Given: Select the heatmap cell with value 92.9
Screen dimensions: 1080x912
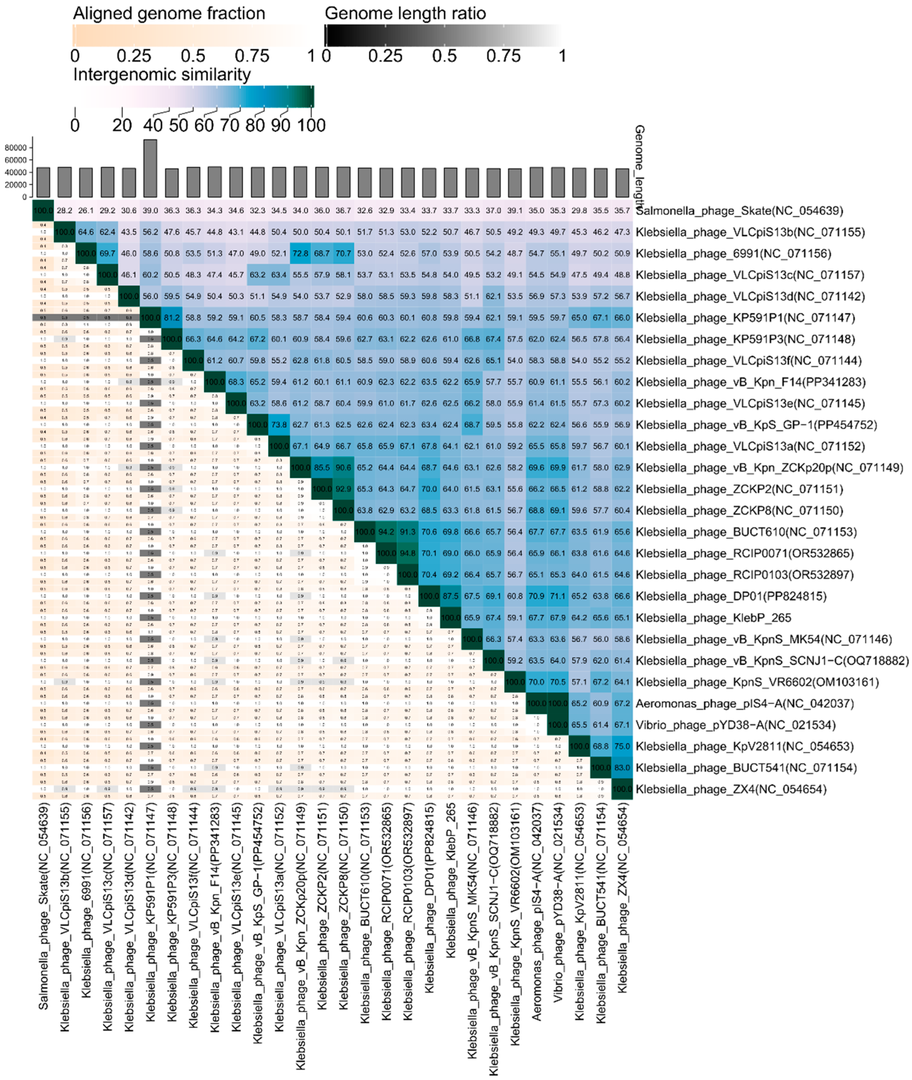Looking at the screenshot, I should tap(343, 489).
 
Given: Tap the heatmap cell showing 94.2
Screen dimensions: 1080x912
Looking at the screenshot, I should tap(386, 532).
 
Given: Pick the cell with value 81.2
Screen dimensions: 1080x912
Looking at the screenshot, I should tap(172, 317).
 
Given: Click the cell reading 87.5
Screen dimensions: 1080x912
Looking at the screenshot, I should tap(450, 596).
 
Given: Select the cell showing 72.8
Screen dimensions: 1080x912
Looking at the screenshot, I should tap(300, 253).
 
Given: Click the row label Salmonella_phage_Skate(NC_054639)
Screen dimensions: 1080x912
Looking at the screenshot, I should tap(739, 211).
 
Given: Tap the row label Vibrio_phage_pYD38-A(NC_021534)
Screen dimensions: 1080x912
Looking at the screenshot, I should tap(735, 725).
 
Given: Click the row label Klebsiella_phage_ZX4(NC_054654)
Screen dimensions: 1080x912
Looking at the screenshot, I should tap(731, 789).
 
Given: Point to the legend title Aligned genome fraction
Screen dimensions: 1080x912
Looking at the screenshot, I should tap(169, 13).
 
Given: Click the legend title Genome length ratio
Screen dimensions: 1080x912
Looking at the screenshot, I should tap(405, 13).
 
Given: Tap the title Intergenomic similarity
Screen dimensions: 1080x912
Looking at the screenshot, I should tap(162, 74).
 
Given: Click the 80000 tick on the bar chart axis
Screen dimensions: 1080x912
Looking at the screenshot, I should tap(15, 148).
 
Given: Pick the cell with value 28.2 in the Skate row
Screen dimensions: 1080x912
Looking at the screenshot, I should tap(65, 210).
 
